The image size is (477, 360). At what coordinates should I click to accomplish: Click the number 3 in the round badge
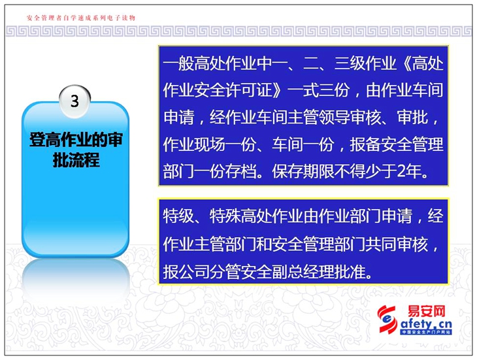click(74, 101)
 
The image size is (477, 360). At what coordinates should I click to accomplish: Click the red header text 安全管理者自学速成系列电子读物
click(81, 18)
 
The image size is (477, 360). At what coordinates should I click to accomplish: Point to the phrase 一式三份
click(318, 90)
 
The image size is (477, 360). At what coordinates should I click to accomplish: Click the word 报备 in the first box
click(365, 144)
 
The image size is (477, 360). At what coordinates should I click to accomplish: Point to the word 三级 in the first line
click(350, 63)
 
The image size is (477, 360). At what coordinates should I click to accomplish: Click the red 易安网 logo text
click(427, 311)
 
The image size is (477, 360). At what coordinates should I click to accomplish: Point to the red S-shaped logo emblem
click(387, 319)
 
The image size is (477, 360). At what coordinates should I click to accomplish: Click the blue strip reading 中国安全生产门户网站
click(426, 332)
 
